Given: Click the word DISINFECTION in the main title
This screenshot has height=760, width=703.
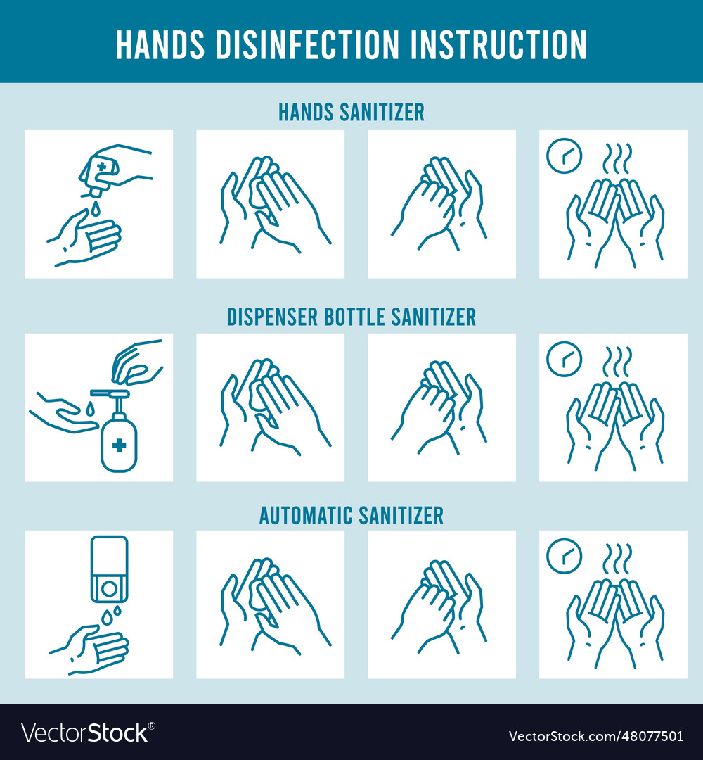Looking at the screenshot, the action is [307, 44].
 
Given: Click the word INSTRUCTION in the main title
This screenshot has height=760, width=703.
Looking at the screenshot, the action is [498, 44].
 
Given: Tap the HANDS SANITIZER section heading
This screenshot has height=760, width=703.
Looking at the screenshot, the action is [351, 113].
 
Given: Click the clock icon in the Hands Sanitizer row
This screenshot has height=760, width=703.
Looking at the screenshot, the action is [564, 156].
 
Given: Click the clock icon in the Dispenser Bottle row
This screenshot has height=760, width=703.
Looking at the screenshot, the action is [564, 359].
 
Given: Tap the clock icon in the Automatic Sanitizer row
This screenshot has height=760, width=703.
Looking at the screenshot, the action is [564, 556].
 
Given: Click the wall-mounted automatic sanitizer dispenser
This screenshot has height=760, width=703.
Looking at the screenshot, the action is [110, 569].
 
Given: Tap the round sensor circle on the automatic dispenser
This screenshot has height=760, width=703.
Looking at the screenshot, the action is [110, 588].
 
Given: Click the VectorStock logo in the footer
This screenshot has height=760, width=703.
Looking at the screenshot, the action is [88, 733].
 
